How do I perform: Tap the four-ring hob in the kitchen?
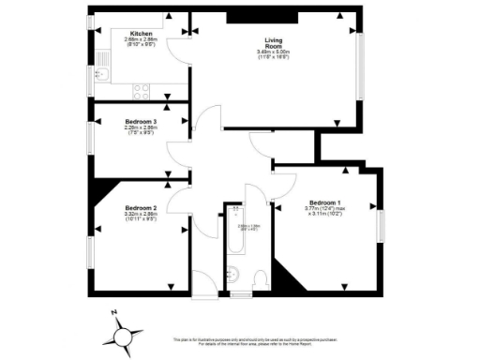pyautogui.click(x=141, y=90)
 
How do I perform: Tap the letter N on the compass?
pyautogui.click(x=112, y=313)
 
